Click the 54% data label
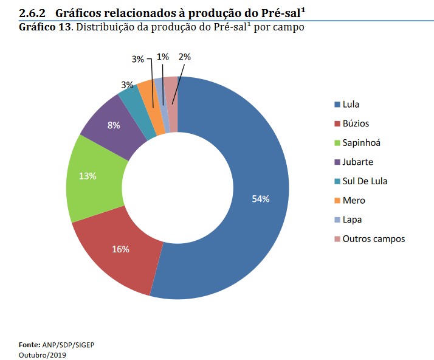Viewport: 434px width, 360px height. [x=261, y=199]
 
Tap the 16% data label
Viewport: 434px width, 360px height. [x=120, y=249]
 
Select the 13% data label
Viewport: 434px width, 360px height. [x=88, y=176]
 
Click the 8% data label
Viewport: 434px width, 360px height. [x=114, y=125]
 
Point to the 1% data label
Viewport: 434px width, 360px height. [x=162, y=57]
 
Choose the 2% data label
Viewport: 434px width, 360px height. [x=185, y=57]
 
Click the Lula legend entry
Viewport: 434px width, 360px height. [x=351, y=104]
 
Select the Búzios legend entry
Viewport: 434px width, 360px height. [x=356, y=123]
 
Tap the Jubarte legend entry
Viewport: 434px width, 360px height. [x=357, y=162]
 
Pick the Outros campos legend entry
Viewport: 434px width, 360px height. [x=373, y=238]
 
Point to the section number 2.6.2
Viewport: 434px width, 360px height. [x=32, y=13]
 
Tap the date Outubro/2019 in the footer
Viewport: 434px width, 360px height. [x=42, y=355]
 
